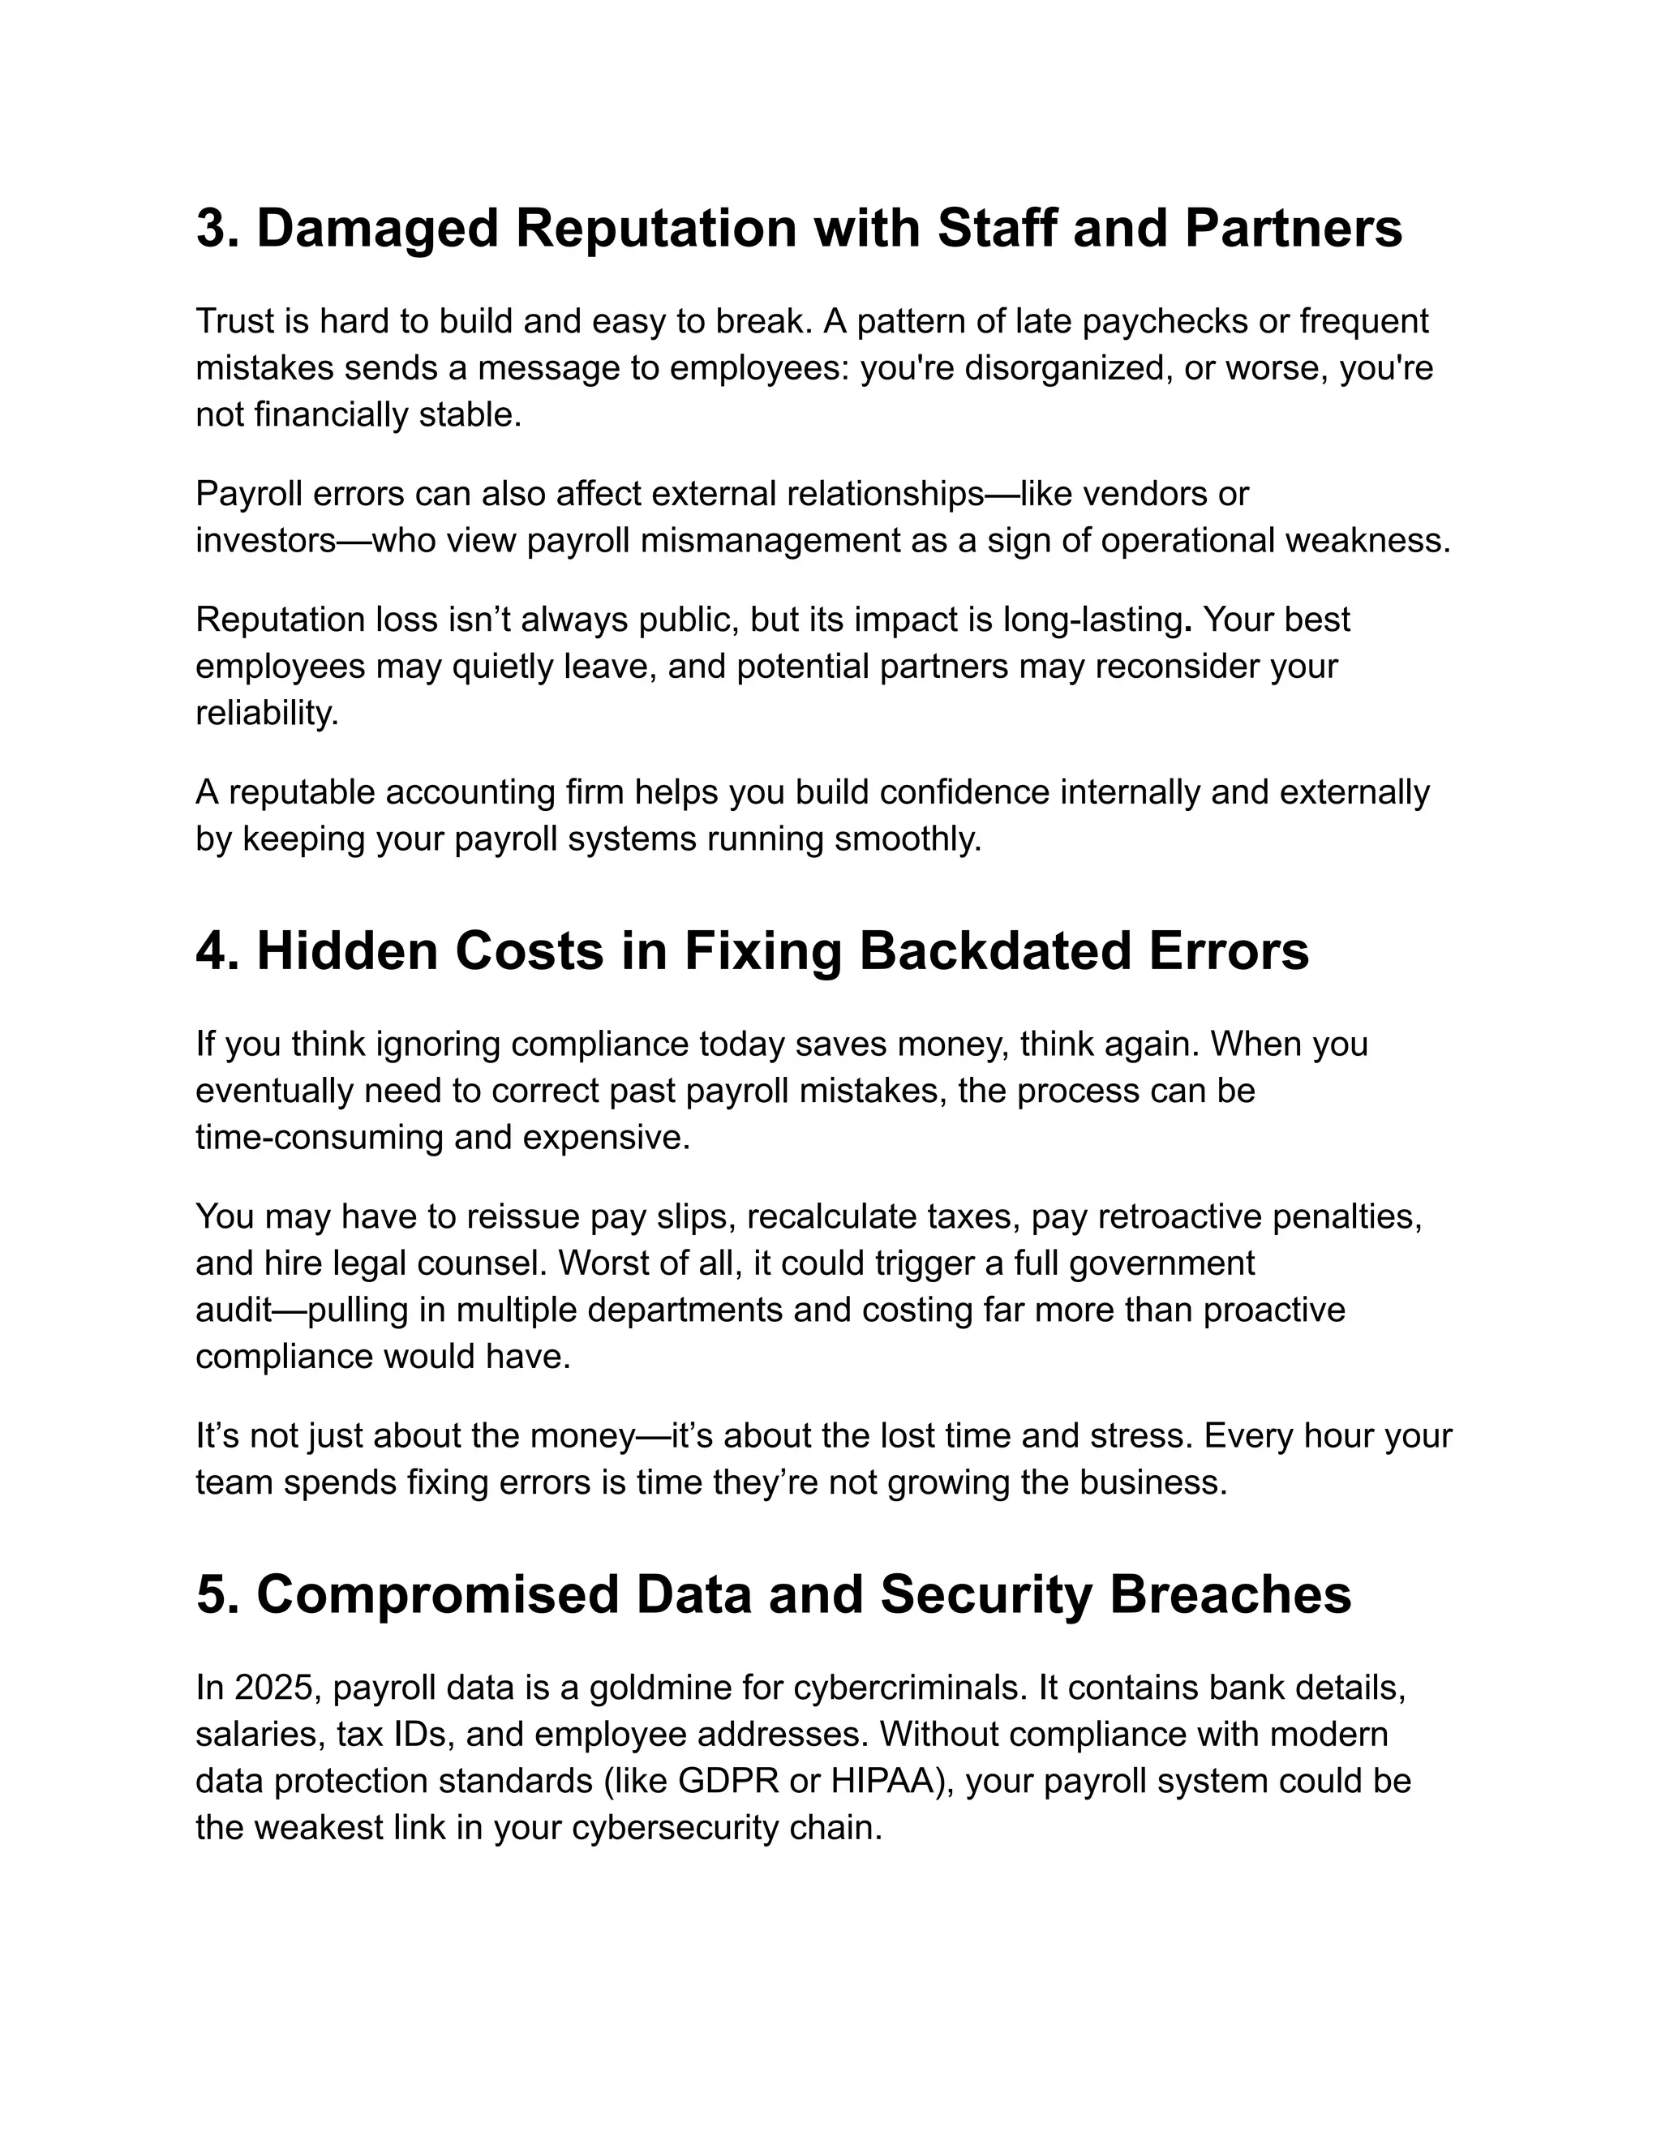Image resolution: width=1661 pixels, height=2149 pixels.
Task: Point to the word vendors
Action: click(x=1146, y=493)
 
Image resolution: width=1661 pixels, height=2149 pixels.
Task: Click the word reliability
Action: click(x=267, y=714)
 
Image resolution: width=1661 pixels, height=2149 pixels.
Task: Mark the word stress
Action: click(x=1140, y=1435)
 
